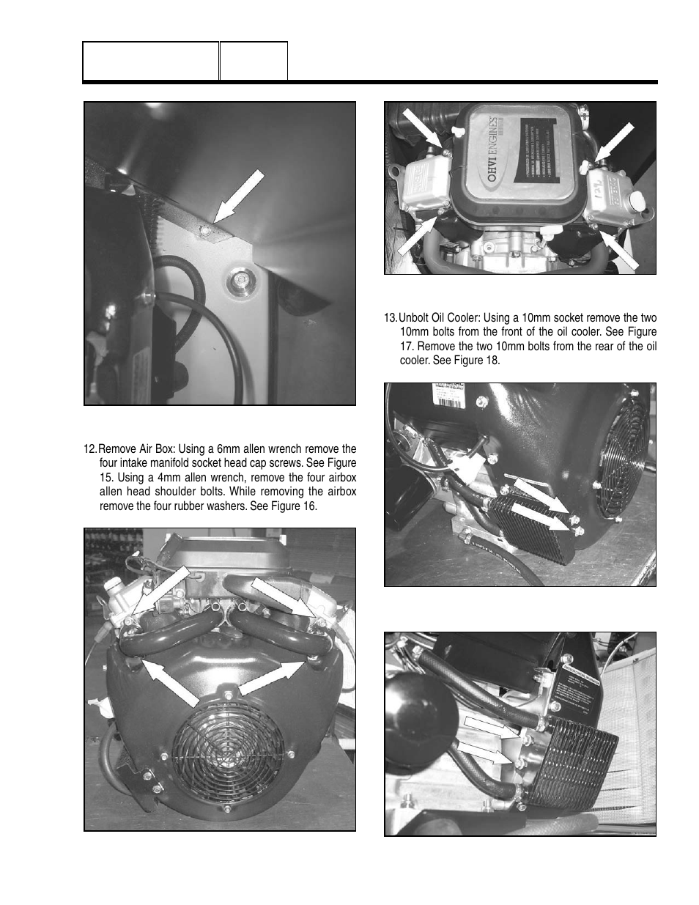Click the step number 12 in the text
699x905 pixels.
coord(90,449)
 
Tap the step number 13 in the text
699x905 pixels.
coord(391,318)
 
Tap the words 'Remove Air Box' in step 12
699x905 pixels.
coord(134,449)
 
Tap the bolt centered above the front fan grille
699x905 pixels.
coord(228,694)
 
